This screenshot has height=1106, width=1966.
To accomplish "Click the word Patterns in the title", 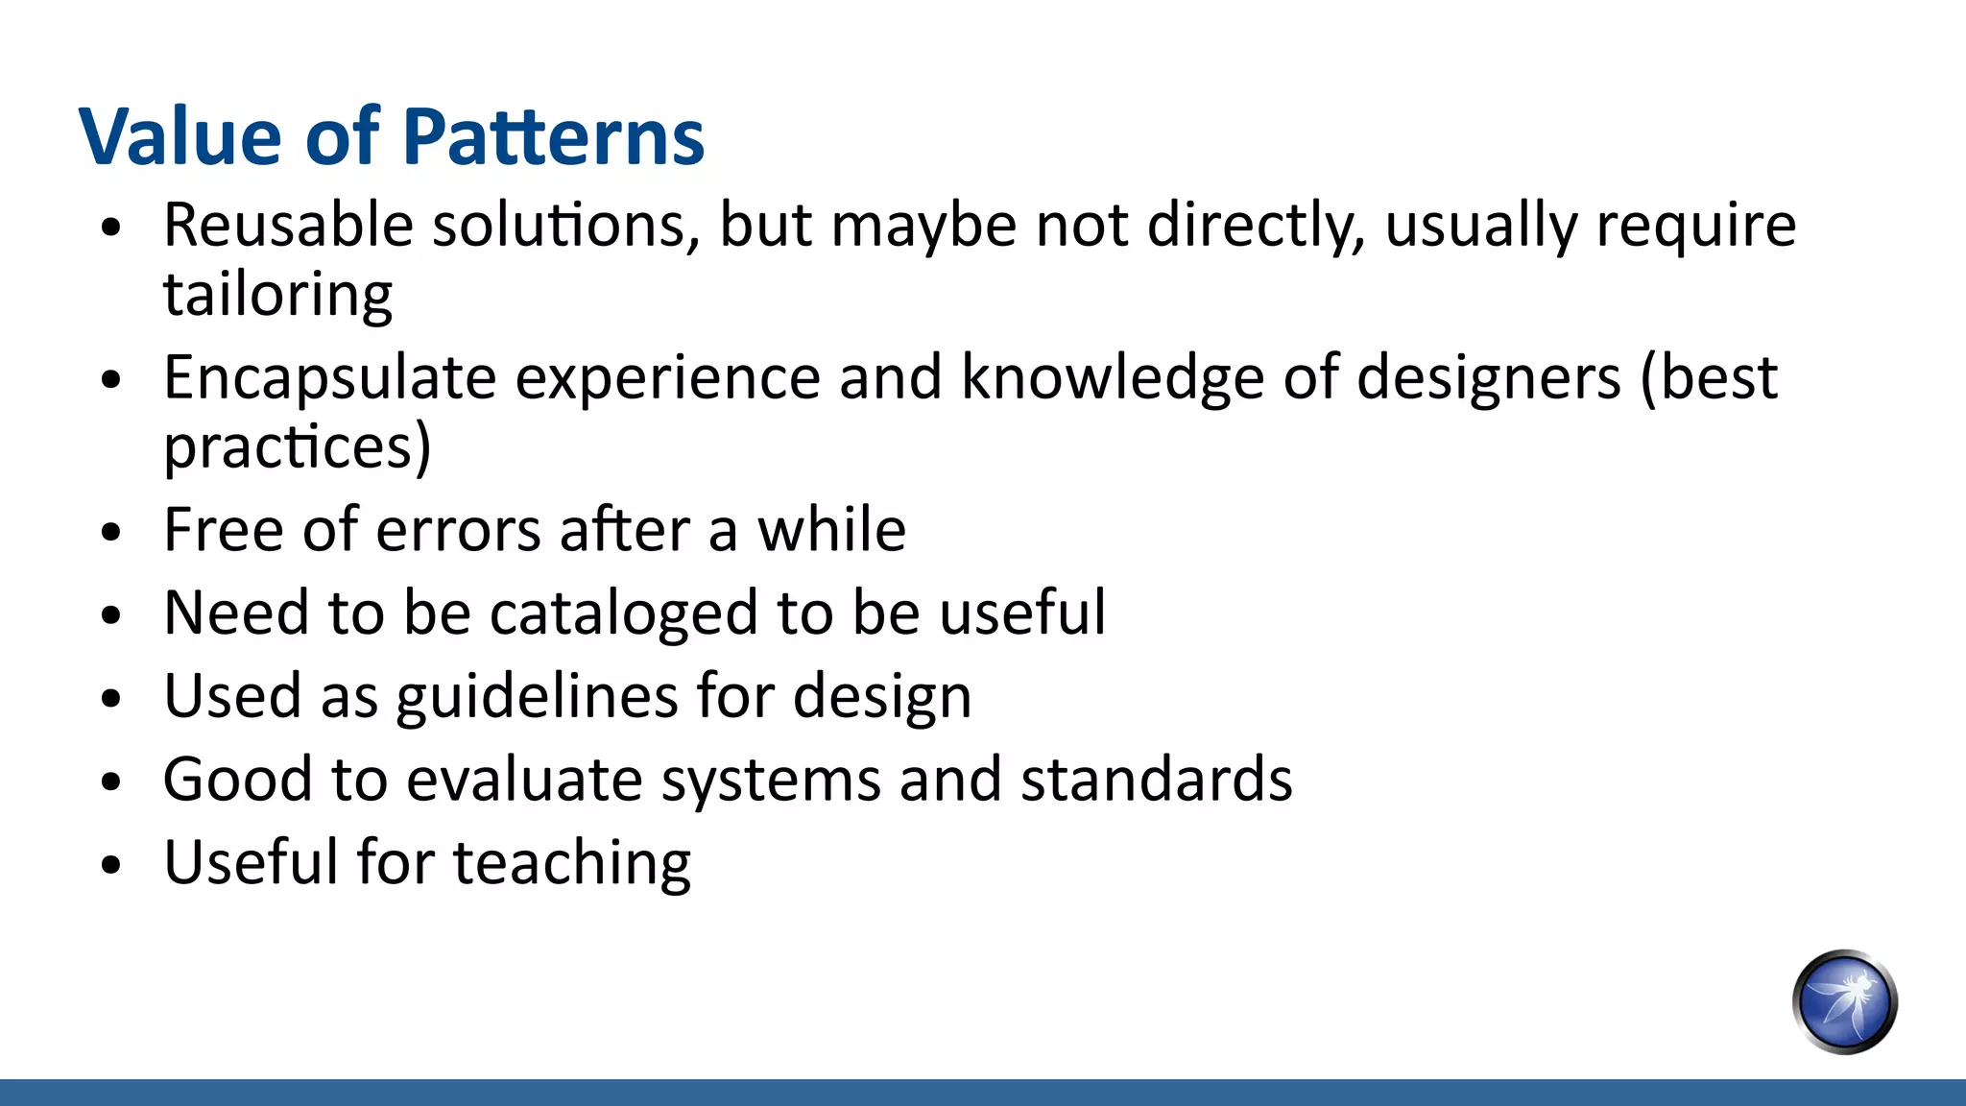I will click(x=554, y=136).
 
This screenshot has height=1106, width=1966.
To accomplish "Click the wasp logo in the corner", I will click(x=1844, y=1002).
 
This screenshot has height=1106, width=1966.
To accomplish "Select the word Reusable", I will click(x=288, y=225).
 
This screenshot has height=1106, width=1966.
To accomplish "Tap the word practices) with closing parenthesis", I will click(x=298, y=446).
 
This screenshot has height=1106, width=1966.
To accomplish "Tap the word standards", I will click(x=1156, y=779).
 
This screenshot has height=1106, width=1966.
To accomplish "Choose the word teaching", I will click(x=571, y=862).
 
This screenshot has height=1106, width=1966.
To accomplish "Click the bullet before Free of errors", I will click(x=111, y=532).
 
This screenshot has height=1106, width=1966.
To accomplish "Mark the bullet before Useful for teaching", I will click(x=111, y=864).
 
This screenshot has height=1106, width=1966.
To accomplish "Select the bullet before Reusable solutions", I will click(x=111, y=228).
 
